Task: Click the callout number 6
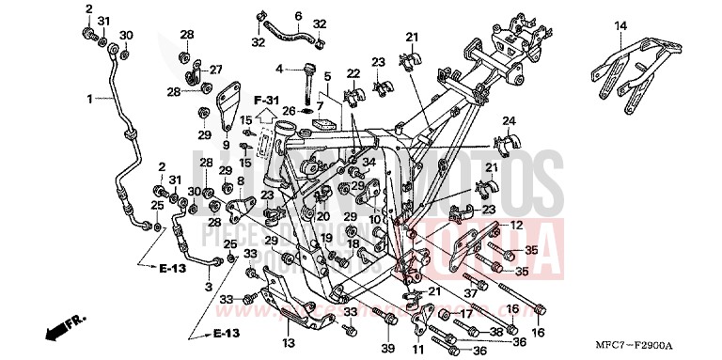click(298, 16)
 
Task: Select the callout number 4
click(279, 69)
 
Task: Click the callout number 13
click(287, 344)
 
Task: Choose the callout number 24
click(509, 121)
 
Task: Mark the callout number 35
click(530, 251)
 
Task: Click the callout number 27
click(215, 70)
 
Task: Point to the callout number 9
click(226, 145)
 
